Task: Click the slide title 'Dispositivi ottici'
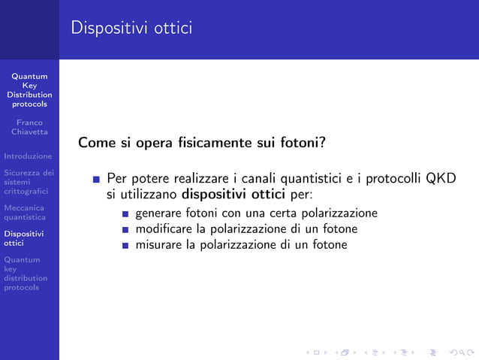[131, 29]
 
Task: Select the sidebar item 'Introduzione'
[28, 156]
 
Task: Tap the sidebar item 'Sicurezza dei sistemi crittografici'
[28, 181]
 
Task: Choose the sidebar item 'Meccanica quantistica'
[25, 213]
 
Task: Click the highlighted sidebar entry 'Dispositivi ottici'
[23, 238]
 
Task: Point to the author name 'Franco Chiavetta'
[29, 127]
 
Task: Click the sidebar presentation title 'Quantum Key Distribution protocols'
[29, 90]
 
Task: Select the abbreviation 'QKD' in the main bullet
[441, 179]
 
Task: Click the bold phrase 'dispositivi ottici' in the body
[235, 194]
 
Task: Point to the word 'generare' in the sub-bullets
[158, 213]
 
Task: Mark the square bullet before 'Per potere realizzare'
[97, 180]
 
